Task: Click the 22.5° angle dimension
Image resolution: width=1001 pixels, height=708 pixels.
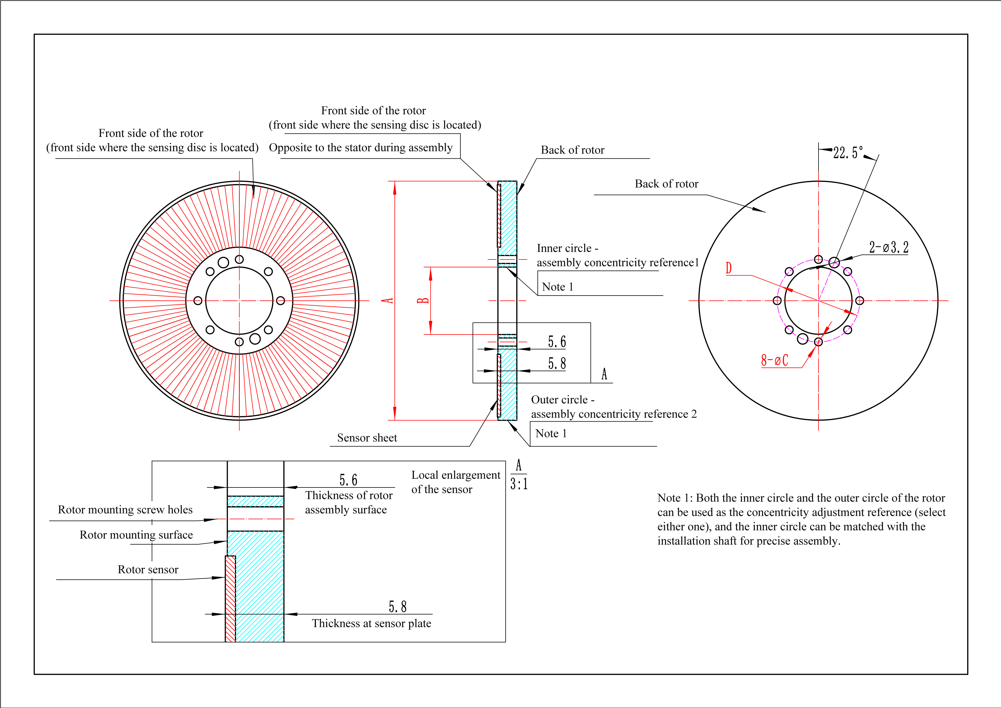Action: tap(848, 153)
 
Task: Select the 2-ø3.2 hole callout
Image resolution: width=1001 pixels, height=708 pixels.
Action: tap(889, 247)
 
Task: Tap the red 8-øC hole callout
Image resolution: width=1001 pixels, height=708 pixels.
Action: tap(775, 360)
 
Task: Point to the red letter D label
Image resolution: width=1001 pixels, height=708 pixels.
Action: tap(729, 268)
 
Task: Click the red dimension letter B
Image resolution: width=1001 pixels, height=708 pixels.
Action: tap(423, 300)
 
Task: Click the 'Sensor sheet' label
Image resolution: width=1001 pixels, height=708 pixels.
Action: tap(367, 438)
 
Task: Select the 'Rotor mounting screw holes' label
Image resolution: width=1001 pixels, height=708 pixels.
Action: tap(125, 510)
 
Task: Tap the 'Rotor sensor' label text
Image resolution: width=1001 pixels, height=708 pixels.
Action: tap(148, 569)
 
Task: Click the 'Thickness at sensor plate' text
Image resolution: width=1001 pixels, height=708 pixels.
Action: tap(372, 624)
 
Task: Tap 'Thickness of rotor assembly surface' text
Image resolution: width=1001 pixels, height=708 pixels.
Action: tap(349, 502)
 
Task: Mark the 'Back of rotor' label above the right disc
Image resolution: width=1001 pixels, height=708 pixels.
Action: tap(666, 184)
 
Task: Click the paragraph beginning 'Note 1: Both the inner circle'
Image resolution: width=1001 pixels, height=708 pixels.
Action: tap(801, 519)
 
